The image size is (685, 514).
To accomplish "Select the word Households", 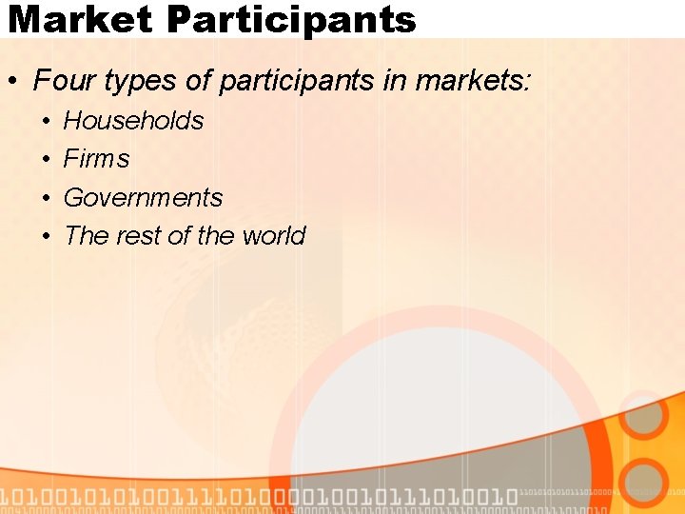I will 133,121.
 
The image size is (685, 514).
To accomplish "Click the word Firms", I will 96,159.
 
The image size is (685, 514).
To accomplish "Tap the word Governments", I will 143,198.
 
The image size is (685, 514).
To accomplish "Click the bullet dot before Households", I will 46,122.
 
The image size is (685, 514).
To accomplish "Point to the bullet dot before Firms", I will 46,160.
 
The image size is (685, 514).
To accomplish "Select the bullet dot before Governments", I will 46,199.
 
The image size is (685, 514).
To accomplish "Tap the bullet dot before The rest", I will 46,237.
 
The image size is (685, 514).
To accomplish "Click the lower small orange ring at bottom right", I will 646,482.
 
